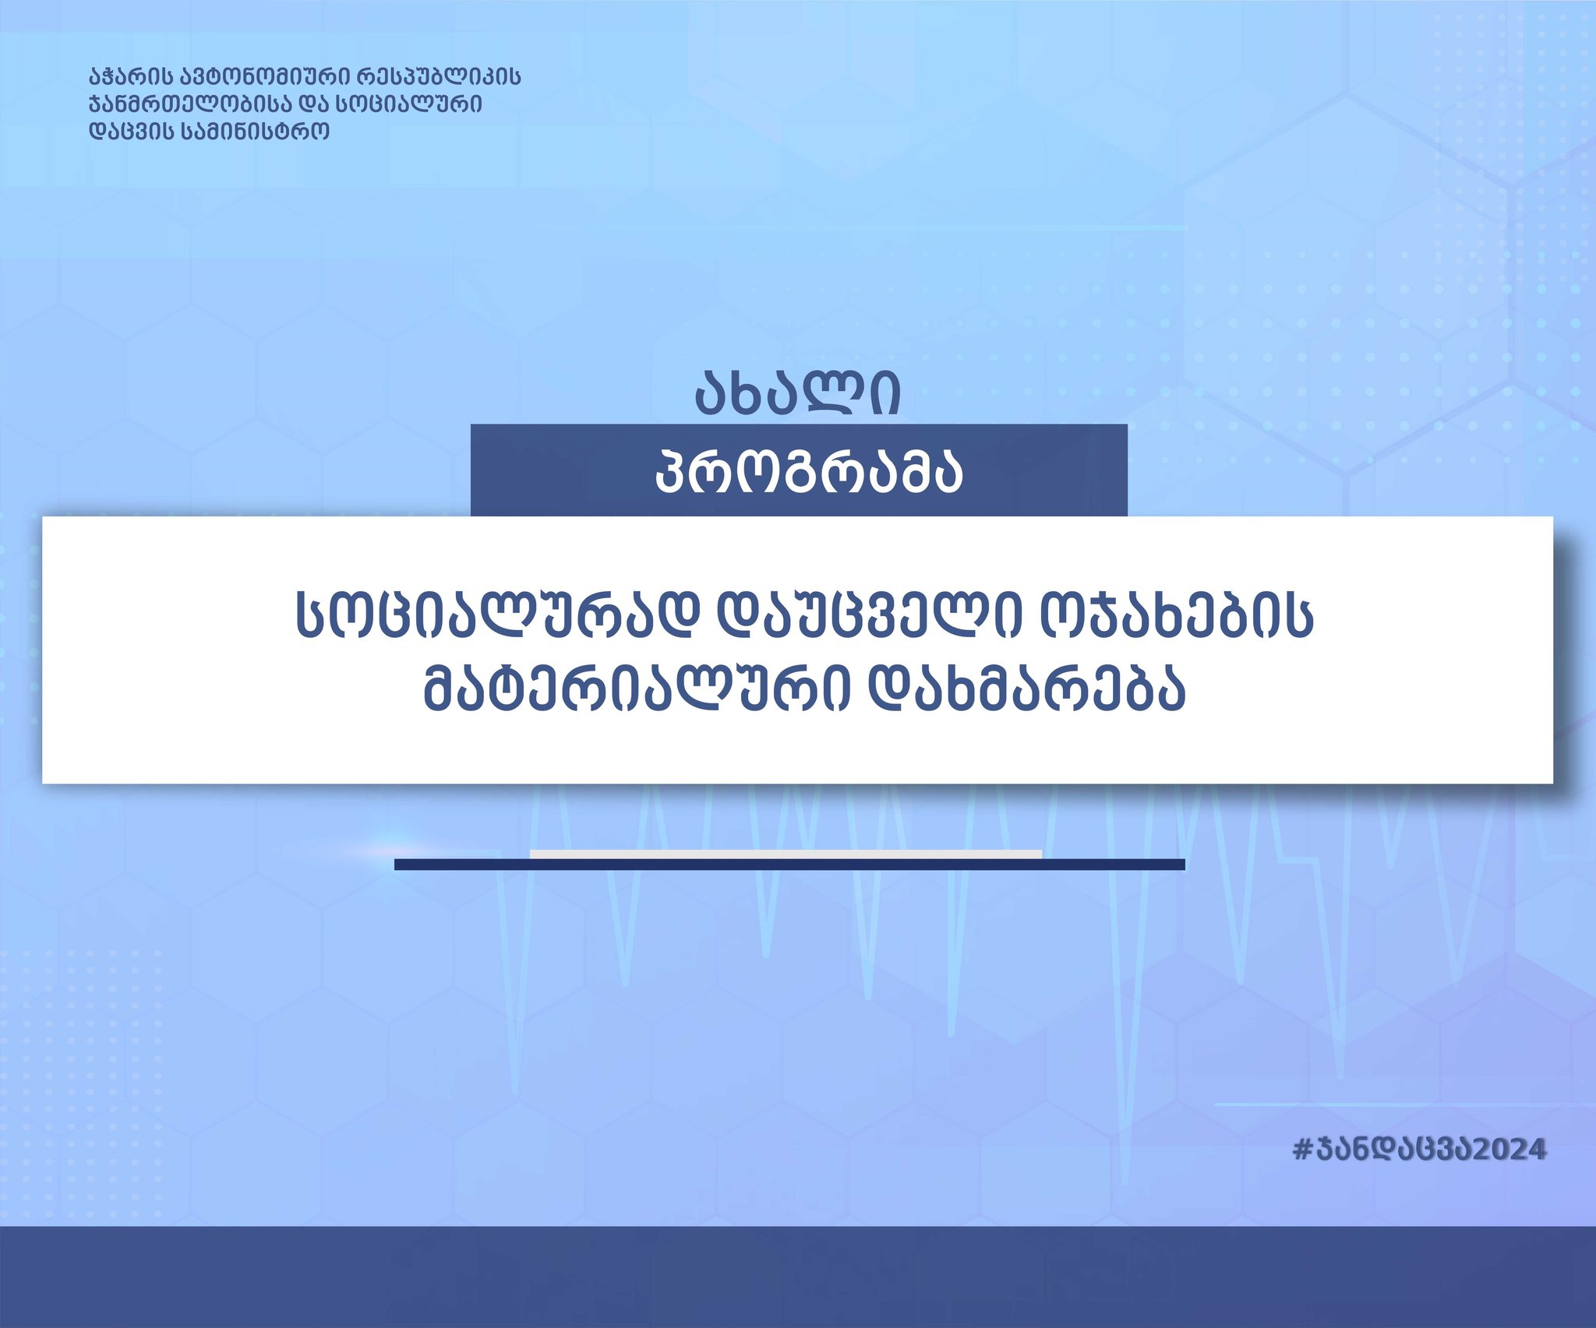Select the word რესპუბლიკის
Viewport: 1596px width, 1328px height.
439,77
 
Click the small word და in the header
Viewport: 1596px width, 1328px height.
312,104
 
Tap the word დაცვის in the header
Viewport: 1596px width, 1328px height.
131,131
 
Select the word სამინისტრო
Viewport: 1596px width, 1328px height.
256,131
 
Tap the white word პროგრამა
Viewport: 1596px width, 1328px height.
809,472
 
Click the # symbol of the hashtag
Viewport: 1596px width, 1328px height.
1303,1150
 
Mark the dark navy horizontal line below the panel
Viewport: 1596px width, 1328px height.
789,864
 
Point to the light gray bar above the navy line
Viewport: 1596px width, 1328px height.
786,854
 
